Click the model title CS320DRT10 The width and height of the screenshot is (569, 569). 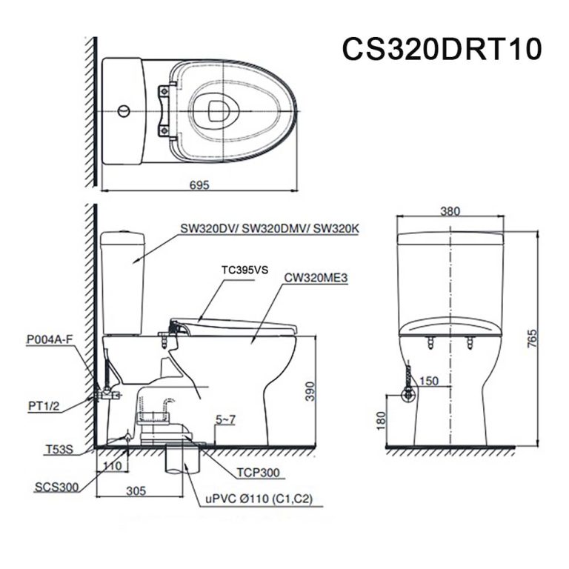(442, 48)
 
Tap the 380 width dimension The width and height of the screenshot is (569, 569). (450, 211)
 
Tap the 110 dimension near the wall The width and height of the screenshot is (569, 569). (111, 465)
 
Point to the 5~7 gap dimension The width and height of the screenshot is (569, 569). (226, 420)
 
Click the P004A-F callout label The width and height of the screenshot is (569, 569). (50, 339)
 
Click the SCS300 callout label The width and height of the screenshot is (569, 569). (54, 487)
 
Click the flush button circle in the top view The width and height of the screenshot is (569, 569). (124, 112)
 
